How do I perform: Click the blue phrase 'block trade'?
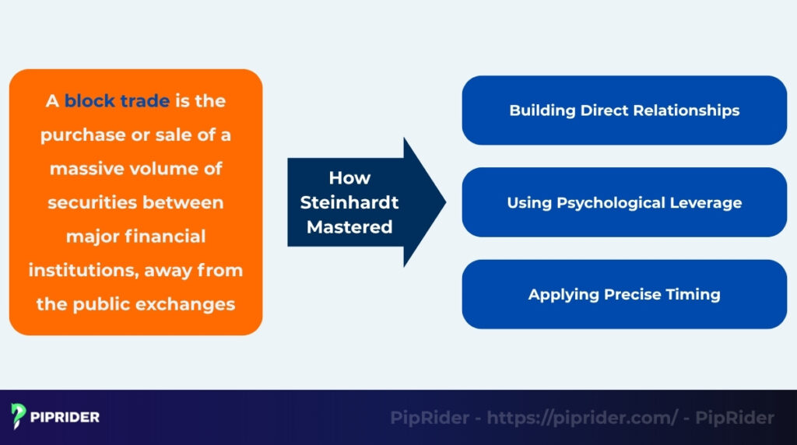pos(117,101)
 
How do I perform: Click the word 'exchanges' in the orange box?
pos(185,304)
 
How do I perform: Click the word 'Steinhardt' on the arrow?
pos(349,203)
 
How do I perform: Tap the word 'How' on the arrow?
pos(349,178)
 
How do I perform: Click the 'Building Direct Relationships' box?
pos(624,110)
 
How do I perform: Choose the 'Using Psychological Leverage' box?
pos(624,202)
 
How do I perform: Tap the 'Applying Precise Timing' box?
pos(624,294)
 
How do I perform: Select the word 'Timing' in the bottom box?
pos(695,294)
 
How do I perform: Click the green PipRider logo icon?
pos(19,416)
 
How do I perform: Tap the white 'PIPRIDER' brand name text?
pos(65,417)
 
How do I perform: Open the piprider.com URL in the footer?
pos(582,418)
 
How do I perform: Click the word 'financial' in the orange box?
pos(166,237)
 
